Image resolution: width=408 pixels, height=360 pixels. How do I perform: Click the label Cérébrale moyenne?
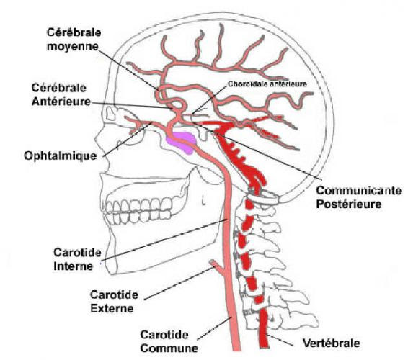[x=74, y=40]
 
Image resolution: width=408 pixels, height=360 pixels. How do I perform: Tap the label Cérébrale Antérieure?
[x=61, y=94]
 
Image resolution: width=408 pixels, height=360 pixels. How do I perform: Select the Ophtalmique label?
[x=61, y=156]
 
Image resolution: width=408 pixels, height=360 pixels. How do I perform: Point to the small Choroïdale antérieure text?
[x=267, y=84]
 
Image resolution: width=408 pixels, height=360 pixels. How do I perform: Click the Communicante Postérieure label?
[x=359, y=197]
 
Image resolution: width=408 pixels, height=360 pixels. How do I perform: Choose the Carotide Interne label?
[x=77, y=259]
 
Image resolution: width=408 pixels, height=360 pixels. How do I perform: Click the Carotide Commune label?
[x=169, y=341]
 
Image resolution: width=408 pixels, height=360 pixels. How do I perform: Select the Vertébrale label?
[x=332, y=343]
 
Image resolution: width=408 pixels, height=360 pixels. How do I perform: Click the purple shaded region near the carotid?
[x=182, y=143]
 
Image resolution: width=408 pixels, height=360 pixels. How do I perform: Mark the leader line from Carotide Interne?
[x=164, y=239]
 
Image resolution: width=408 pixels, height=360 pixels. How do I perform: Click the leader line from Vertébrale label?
[x=280, y=341]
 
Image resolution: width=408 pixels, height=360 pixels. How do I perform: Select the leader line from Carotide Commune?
[x=216, y=328]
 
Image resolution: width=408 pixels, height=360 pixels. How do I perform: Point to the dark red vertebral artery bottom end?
[x=265, y=346]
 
